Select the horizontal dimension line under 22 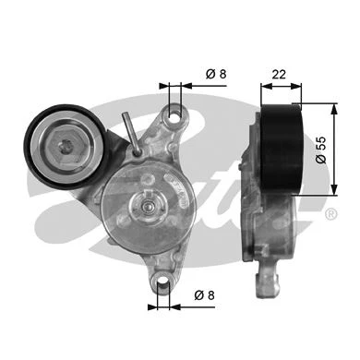281,89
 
